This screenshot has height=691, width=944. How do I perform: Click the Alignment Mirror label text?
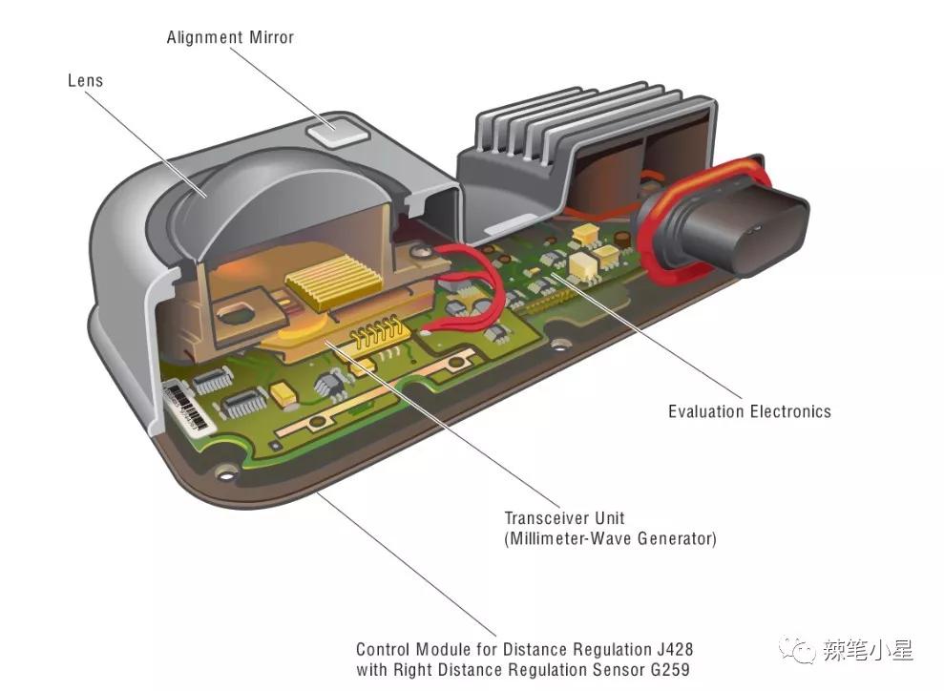pos(230,38)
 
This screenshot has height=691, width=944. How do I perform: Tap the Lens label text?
pos(85,80)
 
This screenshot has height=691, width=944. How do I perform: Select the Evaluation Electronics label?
pos(749,411)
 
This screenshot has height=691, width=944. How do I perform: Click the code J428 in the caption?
pos(668,649)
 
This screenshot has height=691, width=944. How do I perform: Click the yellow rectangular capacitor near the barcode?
pos(283,392)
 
